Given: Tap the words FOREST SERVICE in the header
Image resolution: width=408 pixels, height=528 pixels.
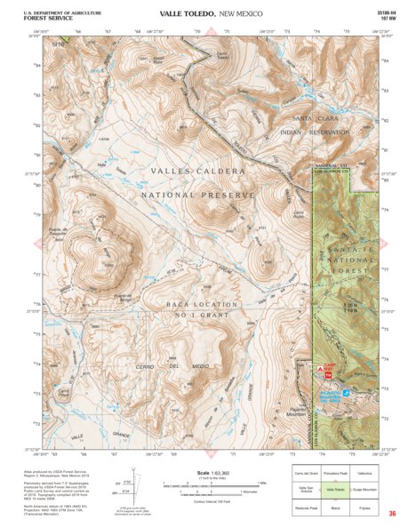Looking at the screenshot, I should point(44,18).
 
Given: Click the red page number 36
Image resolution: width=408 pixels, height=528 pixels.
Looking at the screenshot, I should point(392,514).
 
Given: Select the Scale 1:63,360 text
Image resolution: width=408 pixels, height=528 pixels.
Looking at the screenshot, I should point(204,472).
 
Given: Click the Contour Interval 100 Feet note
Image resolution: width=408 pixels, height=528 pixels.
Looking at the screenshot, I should point(204,500).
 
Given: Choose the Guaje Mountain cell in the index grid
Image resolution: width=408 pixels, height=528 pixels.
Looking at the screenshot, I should point(365,490).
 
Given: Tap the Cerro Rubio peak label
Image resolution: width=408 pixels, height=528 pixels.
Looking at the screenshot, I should point(300,214).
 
